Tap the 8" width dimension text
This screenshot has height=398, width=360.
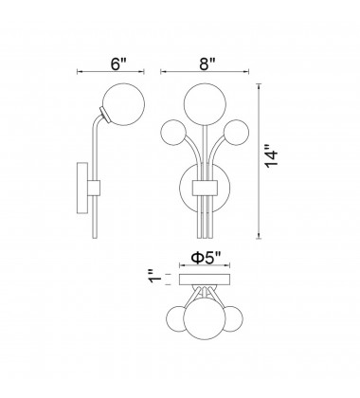pyautogui.click(x=196, y=64)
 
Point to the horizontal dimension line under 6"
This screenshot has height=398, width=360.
pyautogui.click(x=108, y=75)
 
